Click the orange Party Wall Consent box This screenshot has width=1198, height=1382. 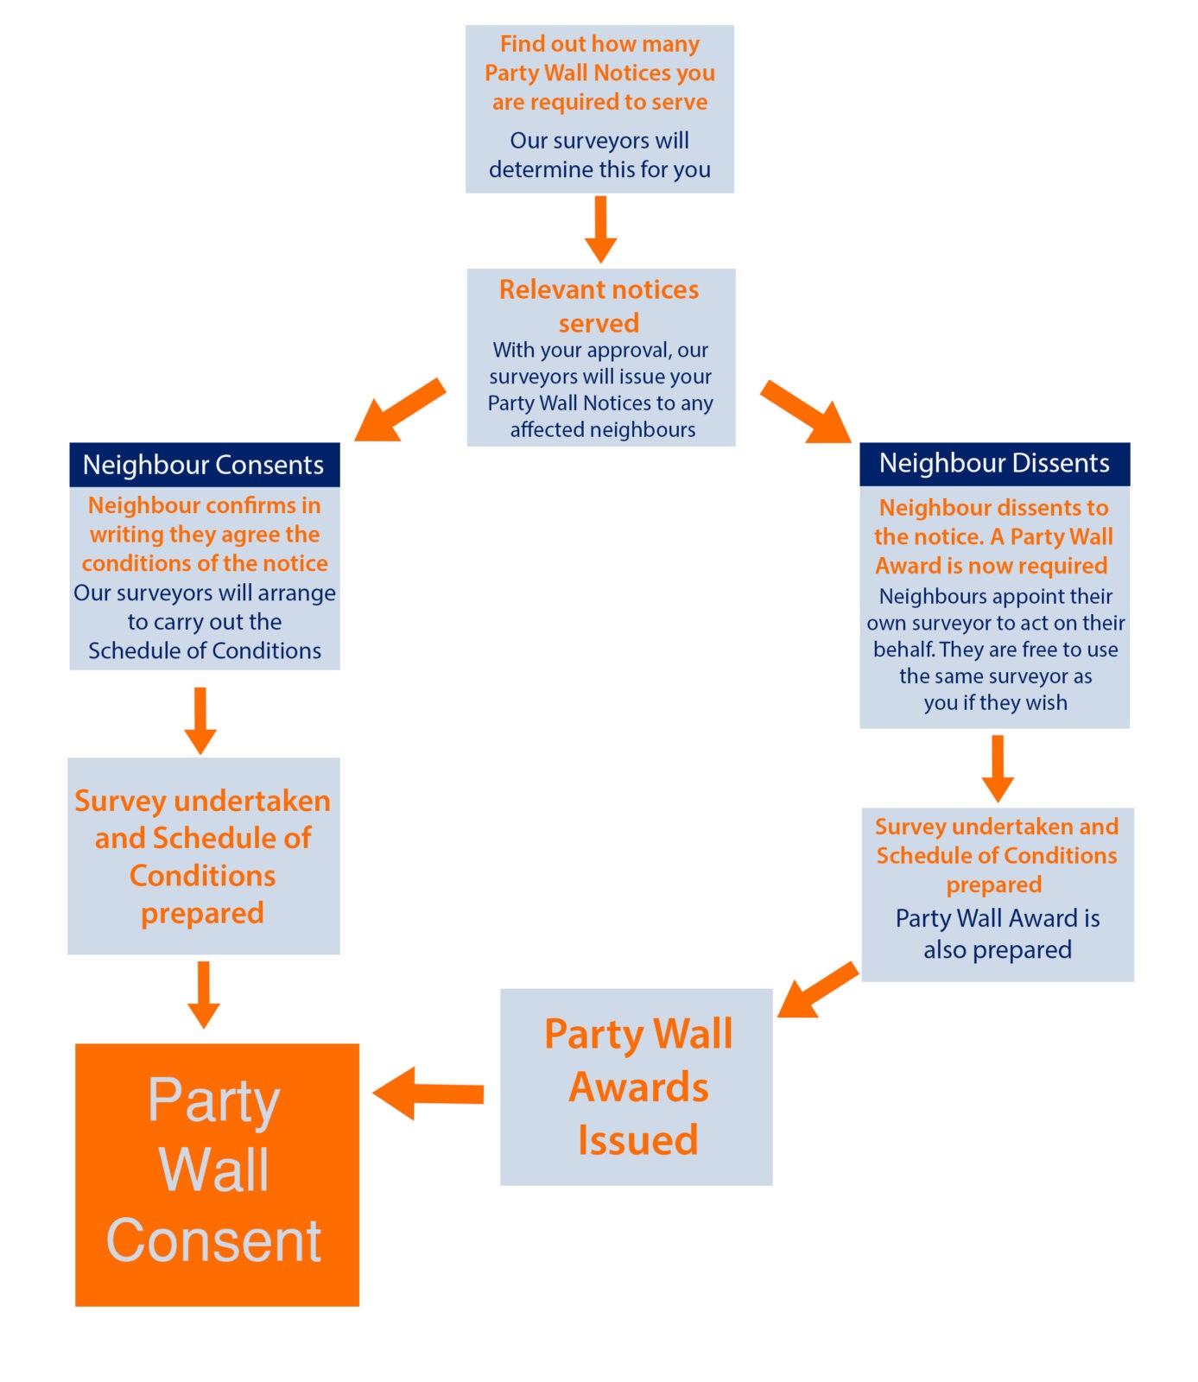tap(217, 1174)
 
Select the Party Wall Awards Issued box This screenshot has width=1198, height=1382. tap(636, 1087)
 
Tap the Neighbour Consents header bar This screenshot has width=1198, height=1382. tap(205, 465)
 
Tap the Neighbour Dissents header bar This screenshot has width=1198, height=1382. tap(994, 464)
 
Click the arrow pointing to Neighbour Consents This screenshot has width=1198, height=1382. tap(400, 410)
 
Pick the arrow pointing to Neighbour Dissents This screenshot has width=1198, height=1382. tap(806, 411)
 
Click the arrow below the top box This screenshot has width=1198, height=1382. tap(600, 229)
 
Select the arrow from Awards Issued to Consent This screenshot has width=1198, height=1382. tap(428, 1094)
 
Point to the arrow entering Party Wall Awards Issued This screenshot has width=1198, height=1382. tap(818, 990)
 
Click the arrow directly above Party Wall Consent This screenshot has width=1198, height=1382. tap(204, 994)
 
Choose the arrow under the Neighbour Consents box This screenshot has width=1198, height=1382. tap(200, 721)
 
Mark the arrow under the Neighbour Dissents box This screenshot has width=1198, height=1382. tap(998, 769)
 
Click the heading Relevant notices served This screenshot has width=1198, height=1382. tap(599, 306)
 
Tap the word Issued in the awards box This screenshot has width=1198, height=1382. tap(637, 1139)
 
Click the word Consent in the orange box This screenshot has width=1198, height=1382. tap(214, 1240)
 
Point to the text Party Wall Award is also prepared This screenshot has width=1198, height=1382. tap(998, 934)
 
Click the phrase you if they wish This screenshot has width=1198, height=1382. tap(995, 702)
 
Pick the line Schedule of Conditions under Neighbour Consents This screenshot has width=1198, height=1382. tap(205, 650)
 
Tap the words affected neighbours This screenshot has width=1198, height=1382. tap(603, 429)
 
